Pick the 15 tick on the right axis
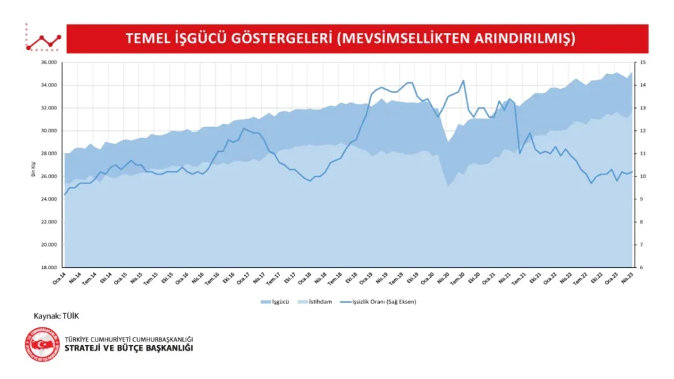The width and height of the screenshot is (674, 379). (642, 63)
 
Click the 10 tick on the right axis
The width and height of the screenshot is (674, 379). (642, 176)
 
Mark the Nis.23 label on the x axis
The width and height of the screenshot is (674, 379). (627, 279)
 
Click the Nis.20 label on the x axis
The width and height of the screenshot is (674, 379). (442, 279)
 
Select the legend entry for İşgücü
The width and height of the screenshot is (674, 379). (274, 302)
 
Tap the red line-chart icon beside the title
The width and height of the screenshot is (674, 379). (43, 39)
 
